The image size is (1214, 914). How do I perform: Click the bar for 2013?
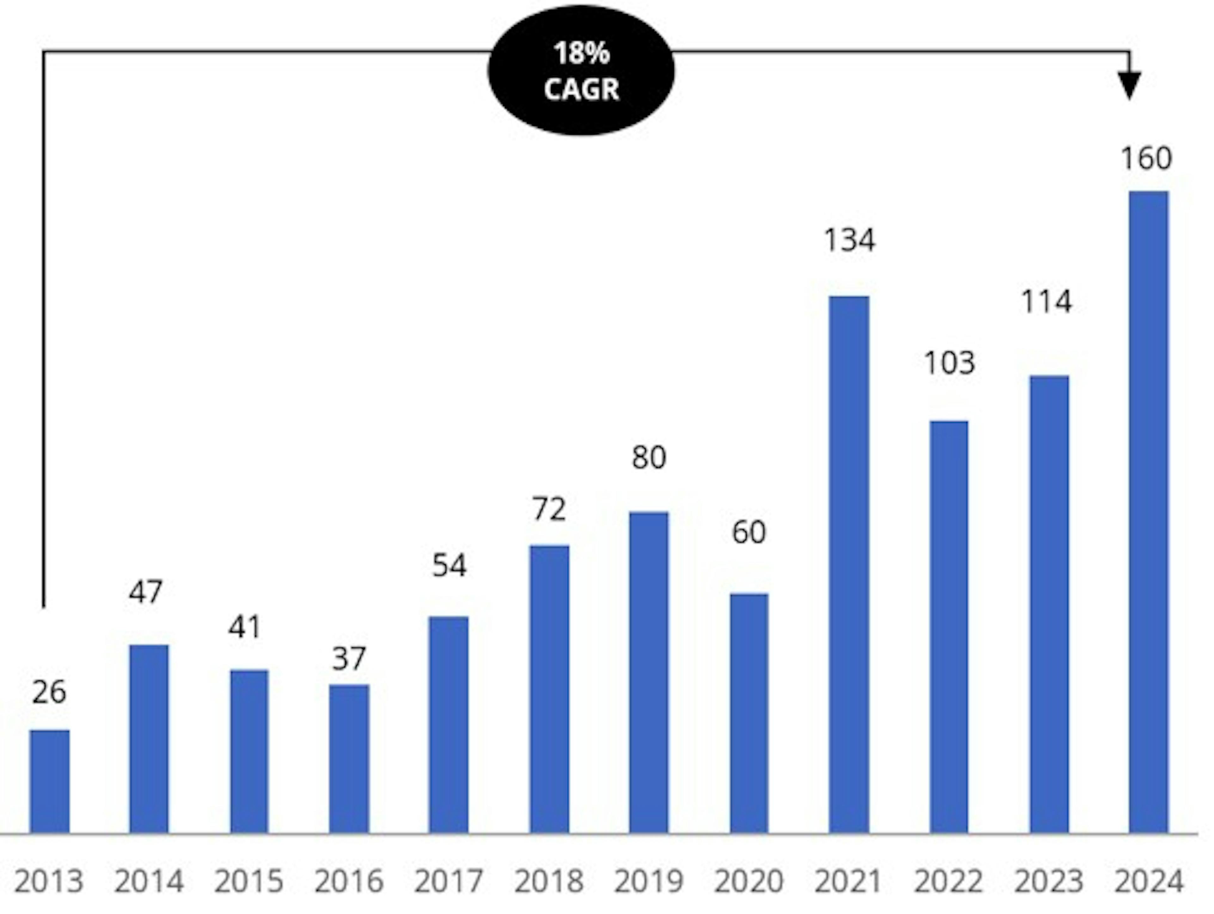click(x=49, y=782)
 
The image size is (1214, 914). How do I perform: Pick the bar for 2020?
click(x=749, y=713)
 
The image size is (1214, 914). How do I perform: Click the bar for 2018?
click(x=549, y=689)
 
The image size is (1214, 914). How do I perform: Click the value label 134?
click(x=849, y=240)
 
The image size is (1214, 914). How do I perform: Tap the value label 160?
click(x=1146, y=159)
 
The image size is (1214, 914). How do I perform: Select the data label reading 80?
click(x=649, y=457)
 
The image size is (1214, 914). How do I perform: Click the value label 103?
click(x=949, y=363)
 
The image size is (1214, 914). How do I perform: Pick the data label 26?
click(x=49, y=692)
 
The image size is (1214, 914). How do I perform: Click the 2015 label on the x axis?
click(x=248, y=882)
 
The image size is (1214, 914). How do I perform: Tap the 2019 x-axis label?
click(x=649, y=882)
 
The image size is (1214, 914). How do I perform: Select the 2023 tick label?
click(x=1049, y=882)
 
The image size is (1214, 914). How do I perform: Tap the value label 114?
click(x=1047, y=302)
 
